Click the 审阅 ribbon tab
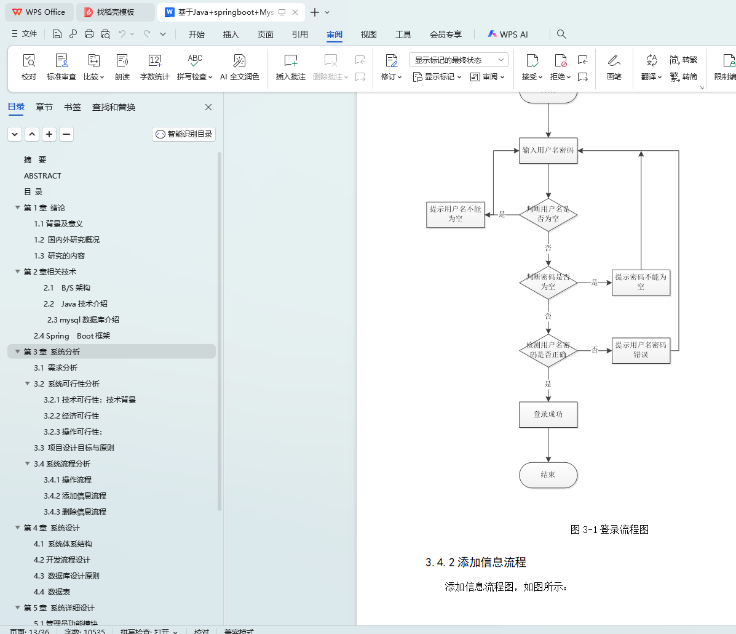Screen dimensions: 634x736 (334, 34)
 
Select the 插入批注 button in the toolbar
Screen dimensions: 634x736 (291, 66)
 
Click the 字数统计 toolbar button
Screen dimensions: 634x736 (155, 66)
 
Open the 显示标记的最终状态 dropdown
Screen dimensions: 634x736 (458, 60)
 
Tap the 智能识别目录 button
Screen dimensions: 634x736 (184, 134)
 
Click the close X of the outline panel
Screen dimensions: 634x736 (208, 107)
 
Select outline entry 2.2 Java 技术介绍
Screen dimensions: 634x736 (76, 303)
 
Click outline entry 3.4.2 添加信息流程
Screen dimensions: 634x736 (75, 496)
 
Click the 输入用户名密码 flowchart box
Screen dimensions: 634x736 (548, 150)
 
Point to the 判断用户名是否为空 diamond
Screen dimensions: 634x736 (548, 214)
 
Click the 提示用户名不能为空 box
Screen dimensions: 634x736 (455, 214)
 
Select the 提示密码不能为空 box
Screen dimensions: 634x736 (641, 282)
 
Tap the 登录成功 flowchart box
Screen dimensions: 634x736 (548, 414)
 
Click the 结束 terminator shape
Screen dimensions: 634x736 (548, 475)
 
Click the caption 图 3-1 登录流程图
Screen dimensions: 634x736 (609, 529)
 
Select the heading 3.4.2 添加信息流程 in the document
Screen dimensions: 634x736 (475, 562)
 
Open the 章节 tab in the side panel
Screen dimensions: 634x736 (44, 107)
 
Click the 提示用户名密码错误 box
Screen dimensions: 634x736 (641, 350)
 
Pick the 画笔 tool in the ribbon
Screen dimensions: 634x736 (614, 66)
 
